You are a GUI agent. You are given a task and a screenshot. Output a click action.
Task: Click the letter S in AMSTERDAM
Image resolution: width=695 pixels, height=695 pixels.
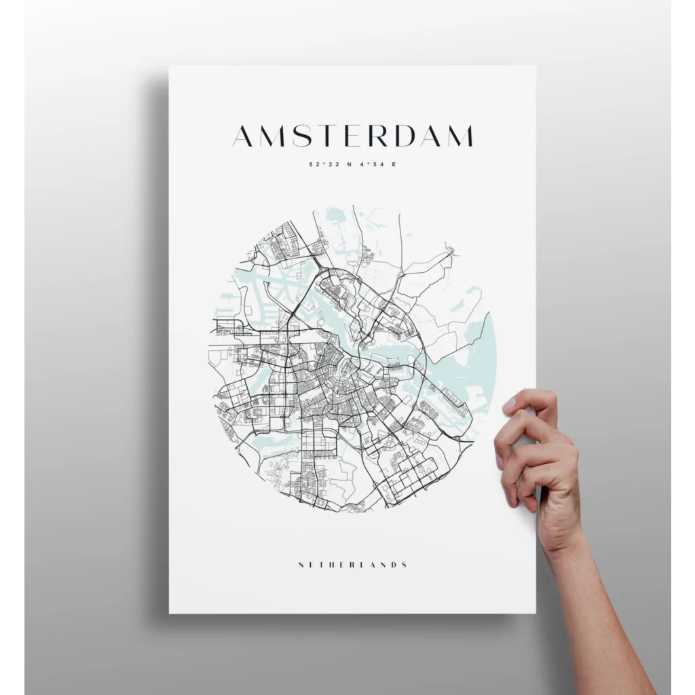pos(298,136)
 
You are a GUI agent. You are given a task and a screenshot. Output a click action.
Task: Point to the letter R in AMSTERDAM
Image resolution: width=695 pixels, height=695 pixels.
pos(375,136)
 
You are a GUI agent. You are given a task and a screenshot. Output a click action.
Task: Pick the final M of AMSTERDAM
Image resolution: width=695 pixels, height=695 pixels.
pos(459,136)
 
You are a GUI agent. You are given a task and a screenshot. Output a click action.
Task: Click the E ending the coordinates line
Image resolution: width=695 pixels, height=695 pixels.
pos(392,164)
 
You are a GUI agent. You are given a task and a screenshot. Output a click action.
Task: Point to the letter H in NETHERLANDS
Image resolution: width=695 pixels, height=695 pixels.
pos(327,564)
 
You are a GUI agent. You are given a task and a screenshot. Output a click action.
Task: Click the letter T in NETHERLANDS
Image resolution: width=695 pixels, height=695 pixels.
pos(317,564)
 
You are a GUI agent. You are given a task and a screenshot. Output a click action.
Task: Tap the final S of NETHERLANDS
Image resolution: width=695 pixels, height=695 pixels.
pos(405,564)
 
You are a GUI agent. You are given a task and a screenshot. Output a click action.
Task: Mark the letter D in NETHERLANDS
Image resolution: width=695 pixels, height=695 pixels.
pos(394,564)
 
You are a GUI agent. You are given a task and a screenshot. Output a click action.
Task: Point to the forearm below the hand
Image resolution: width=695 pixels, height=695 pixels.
pos(597,611)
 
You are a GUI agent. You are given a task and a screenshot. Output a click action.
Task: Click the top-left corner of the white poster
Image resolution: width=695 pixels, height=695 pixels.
pos(170,67)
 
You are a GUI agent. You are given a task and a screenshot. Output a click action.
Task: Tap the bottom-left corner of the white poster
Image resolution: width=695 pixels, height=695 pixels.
pos(170,613)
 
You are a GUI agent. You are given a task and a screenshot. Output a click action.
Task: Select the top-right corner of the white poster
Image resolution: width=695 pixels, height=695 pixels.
pos(536,67)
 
